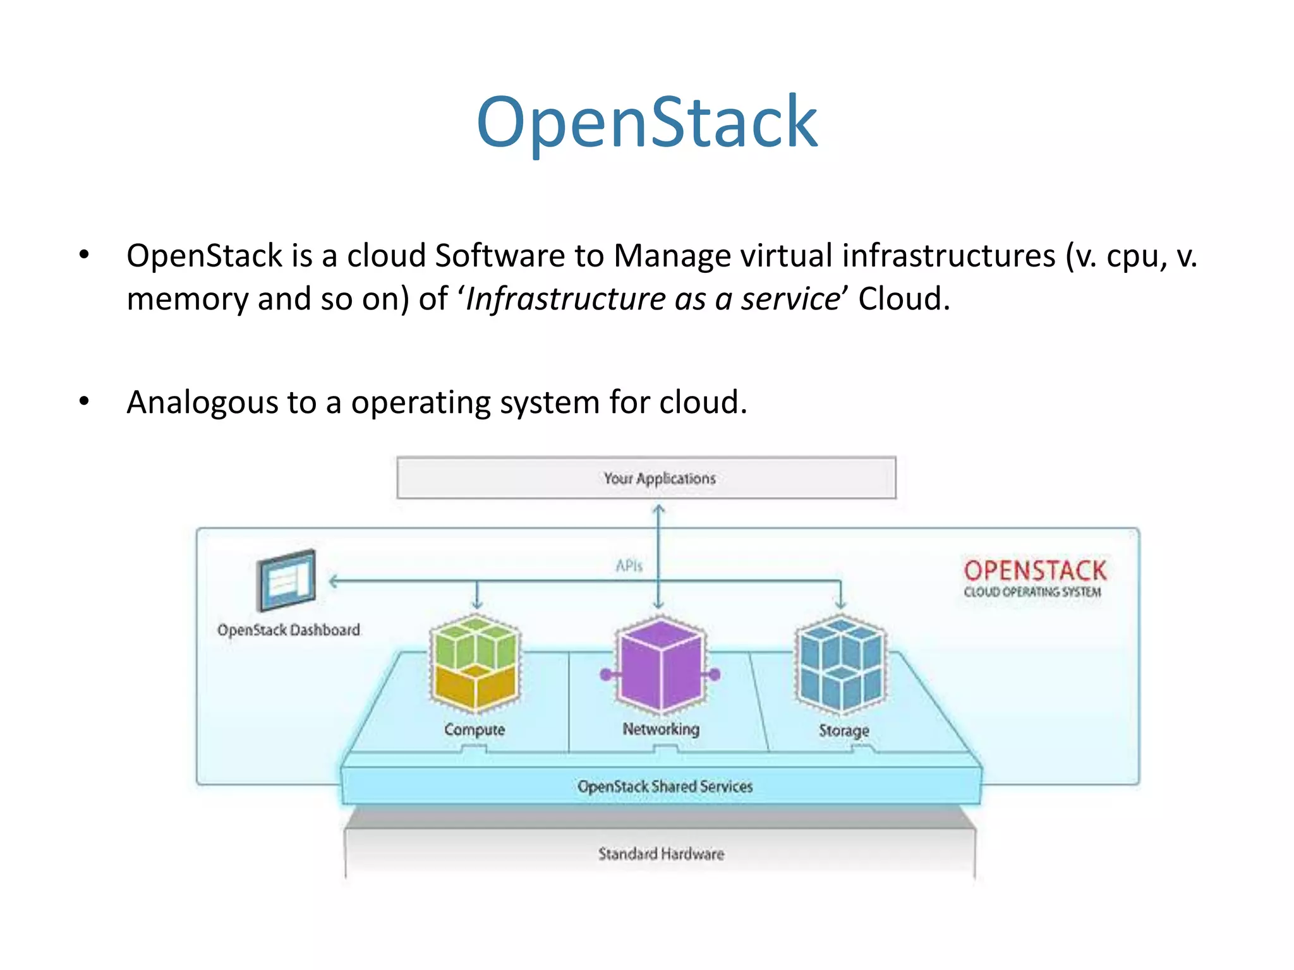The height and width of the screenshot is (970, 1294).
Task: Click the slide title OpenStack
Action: pyautogui.click(x=646, y=121)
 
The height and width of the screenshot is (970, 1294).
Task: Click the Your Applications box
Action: pyautogui.click(x=646, y=478)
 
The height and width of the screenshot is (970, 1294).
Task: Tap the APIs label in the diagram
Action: pyautogui.click(x=629, y=566)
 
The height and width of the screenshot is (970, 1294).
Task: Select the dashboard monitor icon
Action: pyautogui.click(x=286, y=580)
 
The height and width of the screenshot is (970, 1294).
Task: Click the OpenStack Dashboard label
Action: pyautogui.click(x=288, y=630)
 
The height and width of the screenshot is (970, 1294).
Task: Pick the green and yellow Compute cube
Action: pyautogui.click(x=475, y=663)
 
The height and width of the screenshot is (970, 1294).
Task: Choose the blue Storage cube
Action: pyautogui.click(x=840, y=663)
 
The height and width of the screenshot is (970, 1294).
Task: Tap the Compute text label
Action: pyautogui.click(x=475, y=729)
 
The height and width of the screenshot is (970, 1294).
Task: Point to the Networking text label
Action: pyautogui.click(x=661, y=729)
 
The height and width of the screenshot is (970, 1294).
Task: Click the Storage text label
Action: pyautogui.click(x=844, y=731)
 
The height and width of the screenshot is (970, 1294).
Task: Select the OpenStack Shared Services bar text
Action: pyautogui.click(x=665, y=786)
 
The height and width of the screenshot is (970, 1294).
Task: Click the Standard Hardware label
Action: pyautogui.click(x=661, y=854)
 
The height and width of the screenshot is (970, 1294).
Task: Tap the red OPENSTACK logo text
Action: pyautogui.click(x=1034, y=570)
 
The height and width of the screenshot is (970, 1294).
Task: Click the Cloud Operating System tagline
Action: pyautogui.click(x=1032, y=592)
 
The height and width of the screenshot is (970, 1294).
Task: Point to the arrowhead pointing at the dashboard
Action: pyautogui.click(x=334, y=581)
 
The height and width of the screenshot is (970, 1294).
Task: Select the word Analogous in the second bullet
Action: pyautogui.click(x=202, y=403)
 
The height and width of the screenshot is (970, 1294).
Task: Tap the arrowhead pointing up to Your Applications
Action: pyautogui.click(x=658, y=509)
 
